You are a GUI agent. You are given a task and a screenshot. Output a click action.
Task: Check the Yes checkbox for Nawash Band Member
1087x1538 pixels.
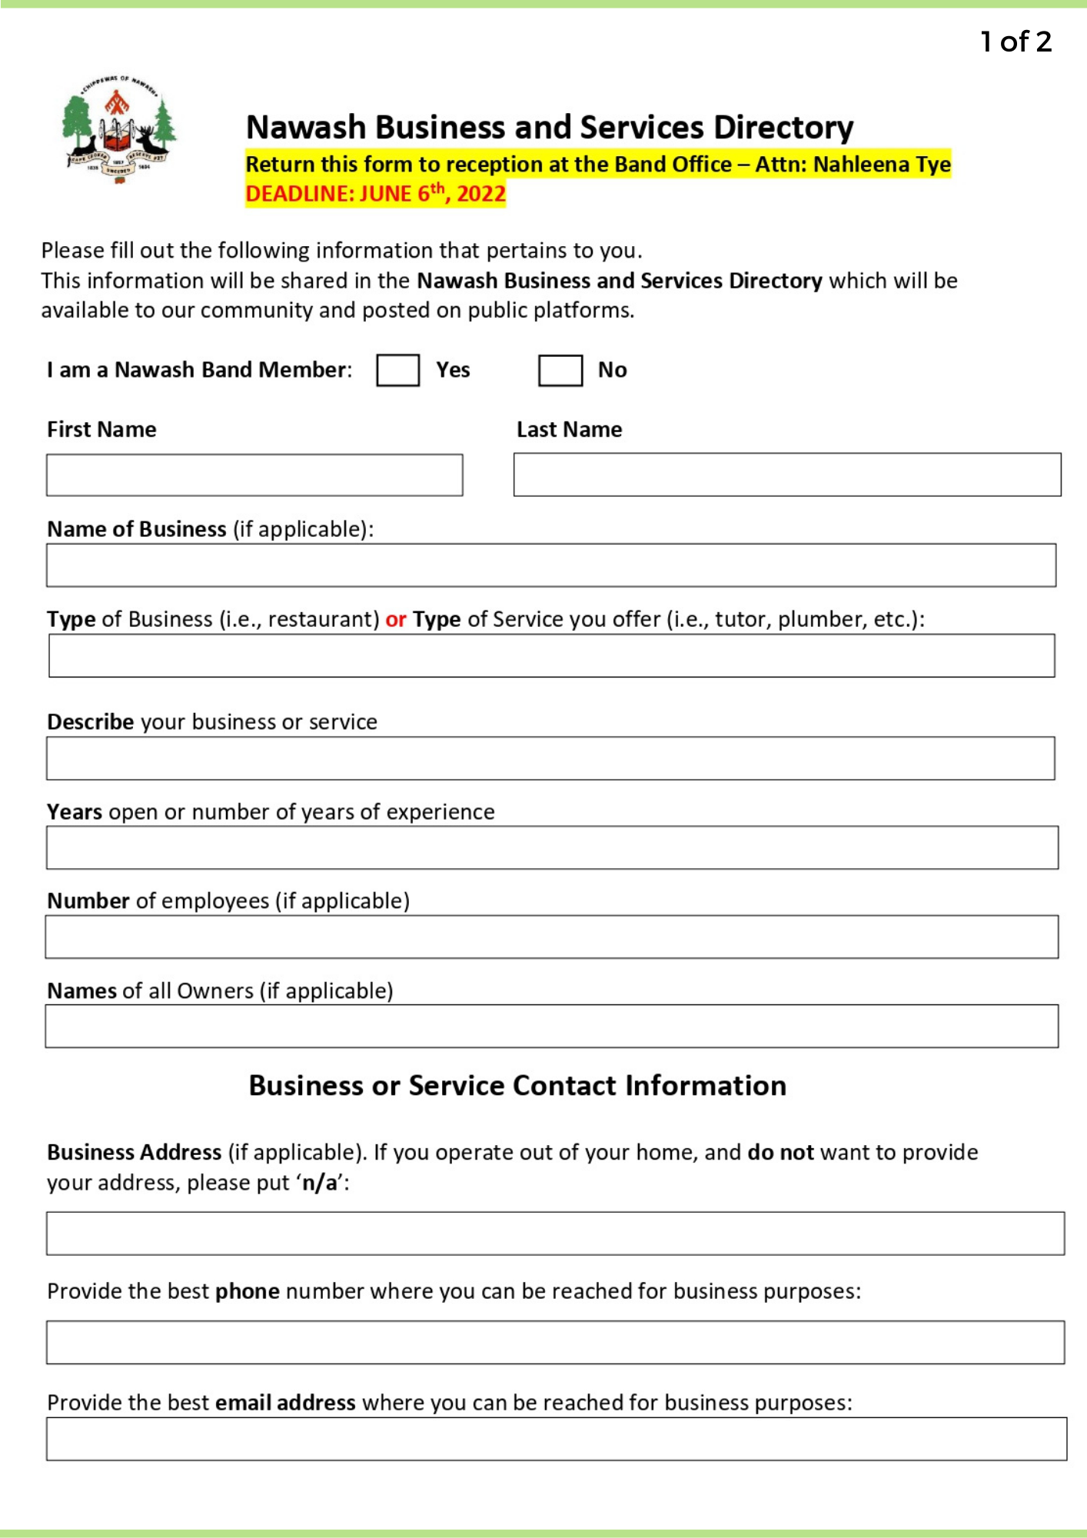pyautogui.click(x=397, y=370)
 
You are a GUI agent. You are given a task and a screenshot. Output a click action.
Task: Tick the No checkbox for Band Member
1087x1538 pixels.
pyautogui.click(x=560, y=370)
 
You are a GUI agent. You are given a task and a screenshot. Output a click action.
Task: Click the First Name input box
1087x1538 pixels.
pyautogui.click(x=254, y=474)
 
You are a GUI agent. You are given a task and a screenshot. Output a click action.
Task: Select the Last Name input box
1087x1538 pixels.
pyautogui.click(x=786, y=474)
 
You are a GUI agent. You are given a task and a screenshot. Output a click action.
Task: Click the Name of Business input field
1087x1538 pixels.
pyautogui.click(x=550, y=565)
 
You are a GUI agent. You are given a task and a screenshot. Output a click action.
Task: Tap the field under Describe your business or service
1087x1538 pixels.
pyautogui.click(x=550, y=758)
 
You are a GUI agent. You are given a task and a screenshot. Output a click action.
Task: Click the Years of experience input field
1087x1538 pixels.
pyautogui.click(x=552, y=847)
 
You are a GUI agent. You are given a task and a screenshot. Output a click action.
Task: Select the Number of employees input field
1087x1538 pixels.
pyautogui.click(x=551, y=937)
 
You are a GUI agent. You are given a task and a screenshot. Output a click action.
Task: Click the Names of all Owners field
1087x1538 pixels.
pyautogui.click(x=551, y=1026)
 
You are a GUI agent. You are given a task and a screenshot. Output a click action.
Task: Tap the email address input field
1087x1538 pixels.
pyautogui.click(x=556, y=1439)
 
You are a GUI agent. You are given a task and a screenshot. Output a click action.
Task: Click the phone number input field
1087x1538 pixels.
pyautogui.click(x=555, y=1343)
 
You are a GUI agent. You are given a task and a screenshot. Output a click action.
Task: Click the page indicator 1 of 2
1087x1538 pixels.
pyautogui.click(x=1016, y=42)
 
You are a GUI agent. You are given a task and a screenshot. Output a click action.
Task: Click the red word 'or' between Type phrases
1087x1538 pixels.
pyautogui.click(x=396, y=619)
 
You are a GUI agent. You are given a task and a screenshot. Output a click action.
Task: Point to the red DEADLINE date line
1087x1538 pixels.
pyautogui.click(x=375, y=193)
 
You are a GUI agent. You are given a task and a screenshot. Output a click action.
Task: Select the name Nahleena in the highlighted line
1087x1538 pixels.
pyautogui.click(x=861, y=165)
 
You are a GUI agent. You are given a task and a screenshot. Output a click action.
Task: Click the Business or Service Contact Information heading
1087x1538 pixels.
pyautogui.click(x=517, y=1085)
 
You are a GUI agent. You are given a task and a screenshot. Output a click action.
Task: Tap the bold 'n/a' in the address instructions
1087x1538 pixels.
pyautogui.click(x=320, y=1183)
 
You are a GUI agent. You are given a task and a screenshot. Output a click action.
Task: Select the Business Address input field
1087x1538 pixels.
pyautogui.click(x=555, y=1233)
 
